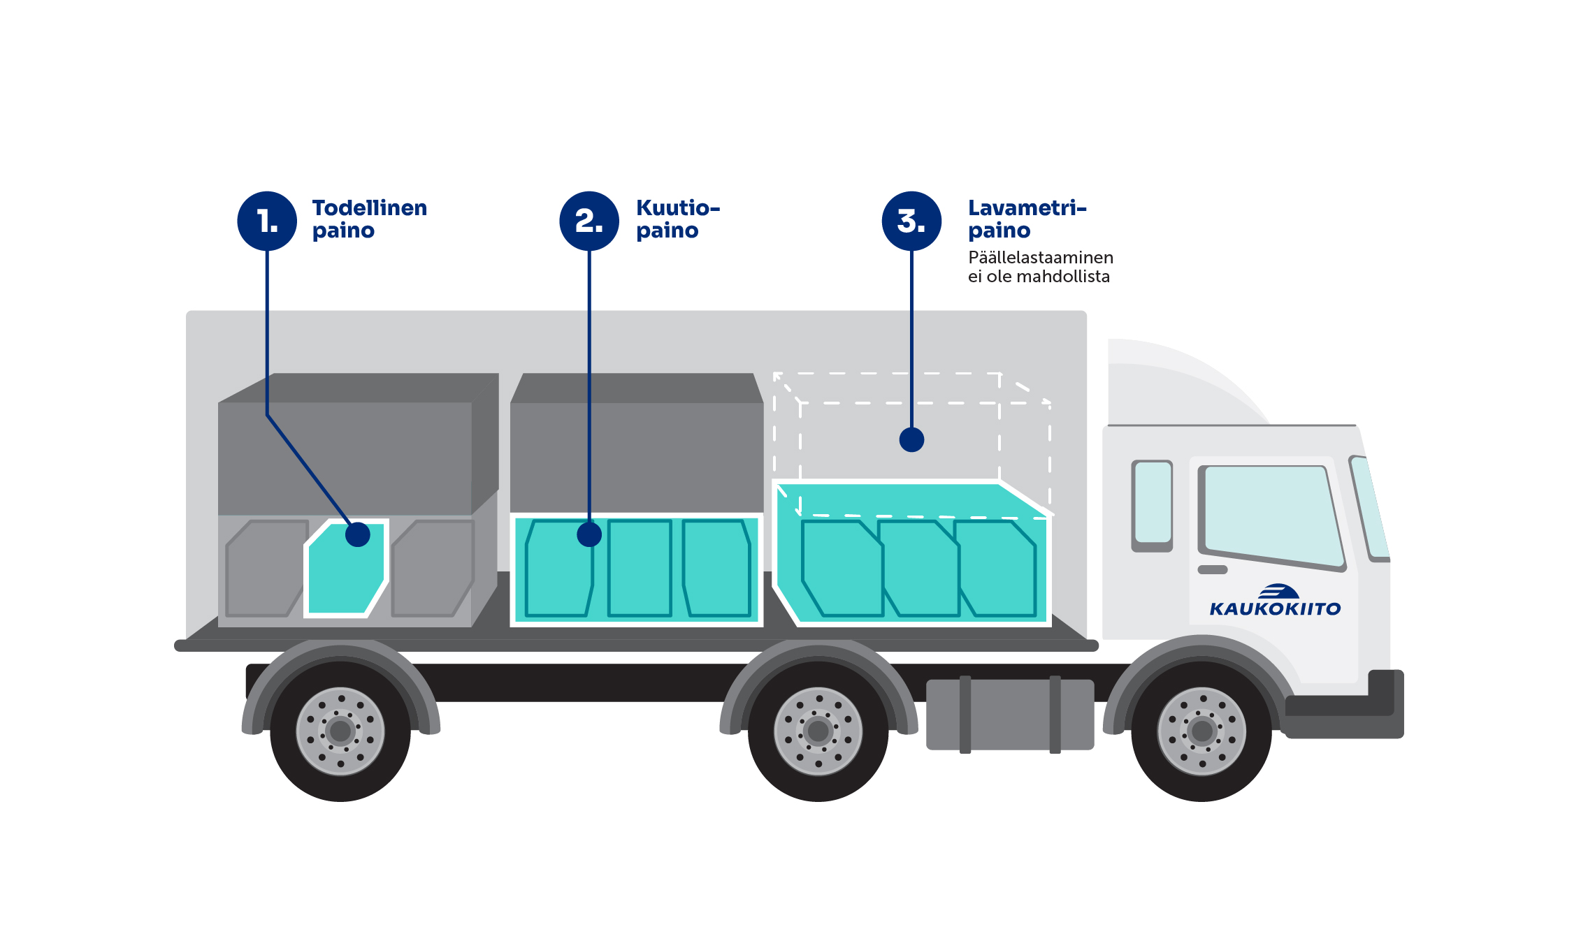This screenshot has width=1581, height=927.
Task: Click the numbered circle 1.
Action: (267, 221)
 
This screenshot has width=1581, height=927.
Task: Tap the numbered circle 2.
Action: (589, 221)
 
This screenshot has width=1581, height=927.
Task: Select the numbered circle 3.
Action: (911, 221)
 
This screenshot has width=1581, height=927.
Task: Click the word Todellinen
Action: (369, 208)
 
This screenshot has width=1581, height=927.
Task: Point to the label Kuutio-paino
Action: (677, 219)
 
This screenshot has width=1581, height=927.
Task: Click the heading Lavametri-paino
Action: (1026, 219)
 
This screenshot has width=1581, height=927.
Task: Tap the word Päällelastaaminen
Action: (1040, 258)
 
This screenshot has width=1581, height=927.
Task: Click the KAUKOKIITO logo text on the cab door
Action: (1275, 609)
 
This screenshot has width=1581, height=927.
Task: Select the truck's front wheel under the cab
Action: (1201, 731)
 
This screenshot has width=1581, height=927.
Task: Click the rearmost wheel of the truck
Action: (340, 731)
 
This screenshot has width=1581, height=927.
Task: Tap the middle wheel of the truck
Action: (818, 731)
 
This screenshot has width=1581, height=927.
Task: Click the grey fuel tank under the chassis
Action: (1009, 715)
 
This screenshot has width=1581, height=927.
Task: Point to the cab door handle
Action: (1213, 569)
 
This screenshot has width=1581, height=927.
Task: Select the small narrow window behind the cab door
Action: (1153, 503)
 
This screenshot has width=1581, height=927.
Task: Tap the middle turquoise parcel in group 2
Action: (640, 568)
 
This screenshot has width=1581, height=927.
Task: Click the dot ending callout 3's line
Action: (911, 439)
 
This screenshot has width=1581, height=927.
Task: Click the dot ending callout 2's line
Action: (589, 534)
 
